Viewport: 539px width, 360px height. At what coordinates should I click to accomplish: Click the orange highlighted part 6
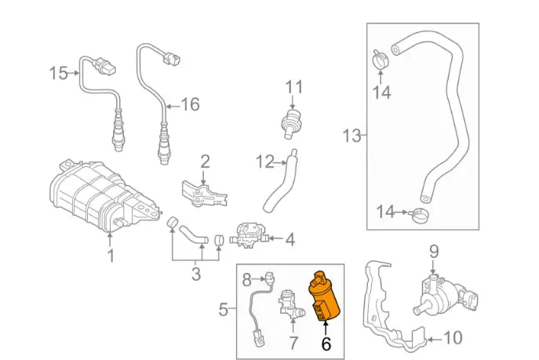pyautogui.click(x=323, y=299)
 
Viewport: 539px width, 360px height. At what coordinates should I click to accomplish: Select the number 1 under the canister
pyautogui.click(x=111, y=255)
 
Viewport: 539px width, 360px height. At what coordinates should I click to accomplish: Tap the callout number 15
pyautogui.click(x=59, y=74)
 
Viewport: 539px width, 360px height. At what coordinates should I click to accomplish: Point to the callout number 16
pyautogui.click(x=191, y=104)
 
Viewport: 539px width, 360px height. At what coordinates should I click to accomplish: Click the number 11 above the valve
pyautogui.click(x=293, y=85)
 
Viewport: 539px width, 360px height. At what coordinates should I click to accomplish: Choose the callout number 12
pyautogui.click(x=264, y=162)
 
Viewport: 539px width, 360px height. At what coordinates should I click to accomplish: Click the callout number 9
pyautogui.click(x=432, y=251)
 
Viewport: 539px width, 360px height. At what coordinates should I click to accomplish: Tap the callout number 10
pyautogui.click(x=453, y=338)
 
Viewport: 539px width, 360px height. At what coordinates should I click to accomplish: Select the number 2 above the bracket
pyautogui.click(x=205, y=162)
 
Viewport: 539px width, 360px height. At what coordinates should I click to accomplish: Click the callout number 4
pyautogui.click(x=290, y=238)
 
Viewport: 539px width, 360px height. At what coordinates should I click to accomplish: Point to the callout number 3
pyautogui.click(x=196, y=274)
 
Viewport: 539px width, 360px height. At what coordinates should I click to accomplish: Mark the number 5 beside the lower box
pyautogui.click(x=223, y=310)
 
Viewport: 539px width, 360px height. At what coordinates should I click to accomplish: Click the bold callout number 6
pyautogui.click(x=326, y=343)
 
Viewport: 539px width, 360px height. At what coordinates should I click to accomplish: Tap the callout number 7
pyautogui.click(x=294, y=343)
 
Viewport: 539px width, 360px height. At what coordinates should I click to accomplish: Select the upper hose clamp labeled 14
pyautogui.click(x=381, y=59)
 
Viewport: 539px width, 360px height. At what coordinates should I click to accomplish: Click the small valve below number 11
pyautogui.click(x=291, y=122)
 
